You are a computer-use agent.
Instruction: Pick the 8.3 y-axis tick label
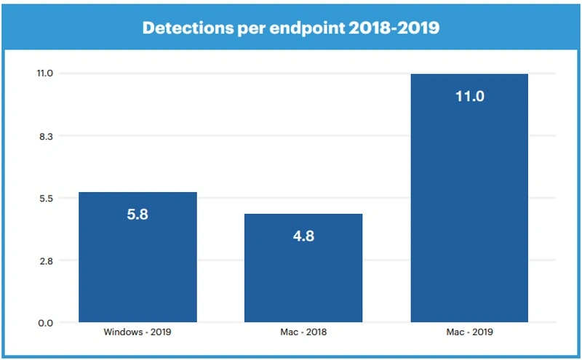47,136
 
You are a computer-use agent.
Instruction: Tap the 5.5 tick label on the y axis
47,198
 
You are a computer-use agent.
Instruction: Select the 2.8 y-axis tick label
47,260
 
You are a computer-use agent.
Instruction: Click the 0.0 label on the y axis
47,323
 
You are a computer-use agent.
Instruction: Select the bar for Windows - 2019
137,269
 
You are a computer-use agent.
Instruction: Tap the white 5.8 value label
137,215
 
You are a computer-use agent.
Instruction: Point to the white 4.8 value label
303,236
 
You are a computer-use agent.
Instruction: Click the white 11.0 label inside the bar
469,96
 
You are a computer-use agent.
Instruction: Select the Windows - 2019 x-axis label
137,332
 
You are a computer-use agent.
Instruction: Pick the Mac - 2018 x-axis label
303,332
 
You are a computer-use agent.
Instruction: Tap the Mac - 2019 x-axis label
469,332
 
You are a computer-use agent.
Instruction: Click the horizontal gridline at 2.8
386,260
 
